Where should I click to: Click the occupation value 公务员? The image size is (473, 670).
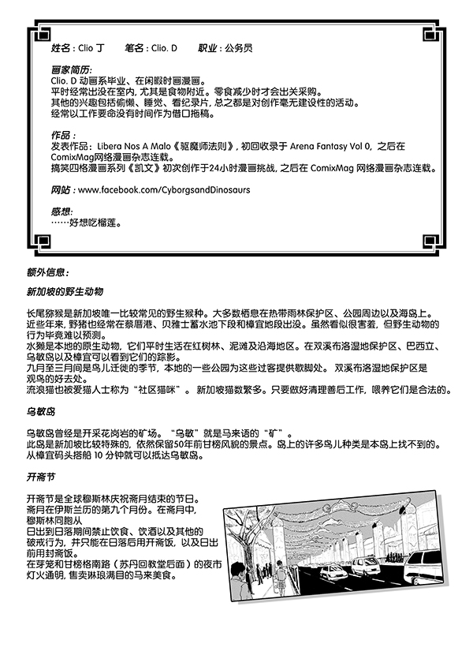[237, 48]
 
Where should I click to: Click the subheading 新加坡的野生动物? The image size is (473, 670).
[65, 292]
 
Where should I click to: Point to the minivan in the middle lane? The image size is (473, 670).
[365, 565]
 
